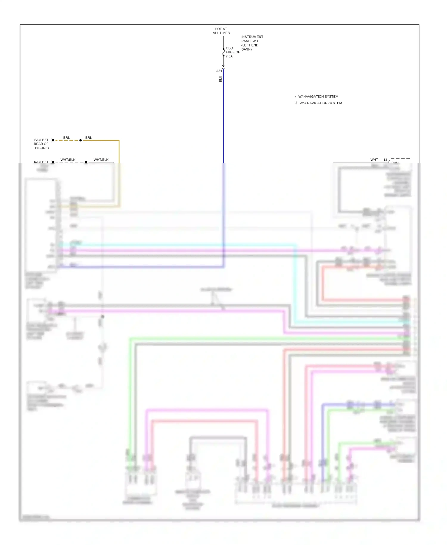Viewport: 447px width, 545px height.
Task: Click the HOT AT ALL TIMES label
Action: pyautogui.click(x=221, y=31)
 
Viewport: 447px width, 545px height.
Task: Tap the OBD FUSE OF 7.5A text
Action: pyautogui.click(x=232, y=52)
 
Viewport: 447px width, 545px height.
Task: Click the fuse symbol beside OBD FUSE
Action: pyautogui.click(x=223, y=52)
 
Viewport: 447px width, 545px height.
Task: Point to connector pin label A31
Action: pyautogui.click(x=219, y=71)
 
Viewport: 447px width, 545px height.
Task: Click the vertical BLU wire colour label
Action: pyautogui.click(x=221, y=79)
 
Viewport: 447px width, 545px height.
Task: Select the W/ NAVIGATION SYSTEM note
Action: pyautogui.click(x=318, y=97)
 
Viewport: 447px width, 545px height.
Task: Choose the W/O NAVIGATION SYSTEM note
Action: pyautogui.click(x=320, y=103)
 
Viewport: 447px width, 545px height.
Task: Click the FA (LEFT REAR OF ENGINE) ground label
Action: pyautogui.click(x=41, y=144)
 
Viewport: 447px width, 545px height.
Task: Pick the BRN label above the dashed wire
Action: pyautogui.click(x=67, y=138)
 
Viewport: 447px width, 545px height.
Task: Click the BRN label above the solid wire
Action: pyautogui.click(x=89, y=138)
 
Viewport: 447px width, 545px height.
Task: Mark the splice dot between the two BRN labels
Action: pyautogui.click(x=80, y=140)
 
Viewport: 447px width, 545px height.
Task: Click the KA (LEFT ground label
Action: pyautogui.click(x=41, y=162)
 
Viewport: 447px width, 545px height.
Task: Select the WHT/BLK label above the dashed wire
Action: pyautogui.click(x=68, y=160)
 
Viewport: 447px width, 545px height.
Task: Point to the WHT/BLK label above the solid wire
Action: pyautogui.click(x=101, y=160)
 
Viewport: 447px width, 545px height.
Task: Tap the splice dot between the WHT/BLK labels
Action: pyautogui.click(x=86, y=162)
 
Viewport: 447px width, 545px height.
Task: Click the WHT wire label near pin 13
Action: pyautogui.click(x=374, y=160)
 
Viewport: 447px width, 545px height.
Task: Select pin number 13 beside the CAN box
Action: pyautogui.click(x=385, y=160)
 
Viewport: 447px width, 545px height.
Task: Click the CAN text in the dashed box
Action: pyautogui.click(x=395, y=162)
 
